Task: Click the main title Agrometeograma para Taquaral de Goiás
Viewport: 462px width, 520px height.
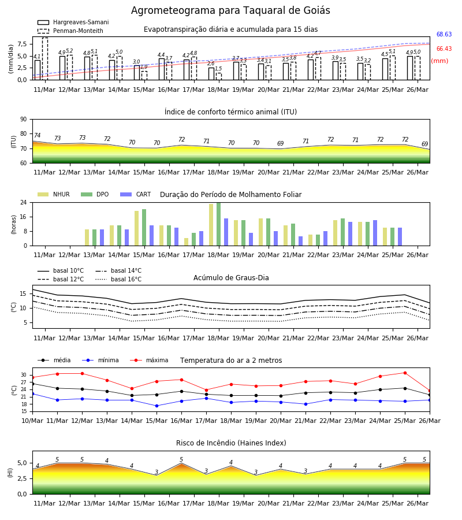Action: (x=230, y=10)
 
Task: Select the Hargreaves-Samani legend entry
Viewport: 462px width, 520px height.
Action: (x=73, y=22)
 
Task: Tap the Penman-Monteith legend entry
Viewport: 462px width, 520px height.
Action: (x=70, y=31)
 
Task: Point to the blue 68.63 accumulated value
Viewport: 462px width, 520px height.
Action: (x=444, y=34)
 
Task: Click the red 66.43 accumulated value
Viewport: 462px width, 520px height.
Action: (x=444, y=49)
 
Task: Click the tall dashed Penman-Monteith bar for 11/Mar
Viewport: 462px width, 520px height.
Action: (x=45, y=59)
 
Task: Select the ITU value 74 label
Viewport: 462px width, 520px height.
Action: (x=37, y=135)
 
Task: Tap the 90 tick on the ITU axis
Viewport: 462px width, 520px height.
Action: (x=24, y=120)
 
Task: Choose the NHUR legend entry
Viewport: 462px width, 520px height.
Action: (x=54, y=194)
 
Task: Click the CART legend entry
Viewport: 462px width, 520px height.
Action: (x=136, y=194)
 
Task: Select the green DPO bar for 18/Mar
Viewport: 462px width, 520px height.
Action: (x=219, y=224)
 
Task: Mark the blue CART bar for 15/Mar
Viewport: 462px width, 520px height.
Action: (x=151, y=236)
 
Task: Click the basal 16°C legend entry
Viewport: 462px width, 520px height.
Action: (x=118, y=279)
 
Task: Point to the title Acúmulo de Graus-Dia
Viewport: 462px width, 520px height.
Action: (x=231, y=278)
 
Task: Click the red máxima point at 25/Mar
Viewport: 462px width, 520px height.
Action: (x=405, y=373)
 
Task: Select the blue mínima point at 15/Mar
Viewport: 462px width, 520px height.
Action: (x=157, y=406)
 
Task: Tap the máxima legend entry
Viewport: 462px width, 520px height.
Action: (x=149, y=360)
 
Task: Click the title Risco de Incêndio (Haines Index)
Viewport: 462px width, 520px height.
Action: (x=231, y=443)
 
